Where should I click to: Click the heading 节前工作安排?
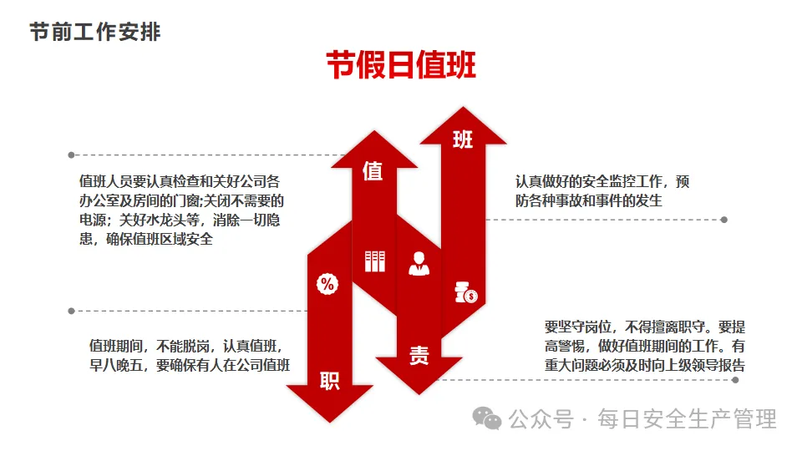point(95,33)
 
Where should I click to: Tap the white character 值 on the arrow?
point(373,171)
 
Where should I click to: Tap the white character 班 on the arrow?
point(463,139)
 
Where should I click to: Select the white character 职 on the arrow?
point(329,381)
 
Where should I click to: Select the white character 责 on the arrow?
point(419,355)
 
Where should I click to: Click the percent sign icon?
point(327,284)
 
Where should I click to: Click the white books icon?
point(374,261)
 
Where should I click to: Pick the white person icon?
point(419,264)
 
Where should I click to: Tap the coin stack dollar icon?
point(465,291)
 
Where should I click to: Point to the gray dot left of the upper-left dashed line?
point(71,155)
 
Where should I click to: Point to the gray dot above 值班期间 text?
point(71,311)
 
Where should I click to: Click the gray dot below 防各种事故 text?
point(724,220)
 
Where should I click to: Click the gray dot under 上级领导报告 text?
point(735,379)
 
